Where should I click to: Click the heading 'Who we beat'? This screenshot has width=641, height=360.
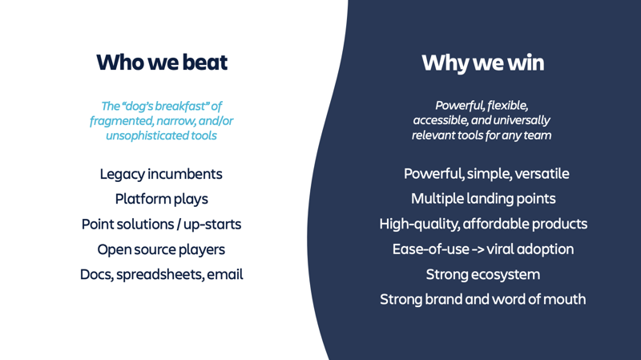coord(162,63)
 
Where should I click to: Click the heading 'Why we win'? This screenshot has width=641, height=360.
coord(483,63)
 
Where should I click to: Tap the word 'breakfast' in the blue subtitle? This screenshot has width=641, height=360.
coord(182,106)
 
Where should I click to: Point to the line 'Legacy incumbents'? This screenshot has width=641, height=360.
coord(161,174)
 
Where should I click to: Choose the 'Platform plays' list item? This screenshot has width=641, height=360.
coord(162,199)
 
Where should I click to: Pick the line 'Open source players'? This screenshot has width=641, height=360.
coord(161,249)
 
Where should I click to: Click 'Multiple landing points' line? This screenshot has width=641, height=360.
coord(483,199)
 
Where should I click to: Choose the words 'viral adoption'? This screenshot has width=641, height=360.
coord(530,249)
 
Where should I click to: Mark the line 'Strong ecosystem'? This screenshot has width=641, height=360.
coord(483,274)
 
